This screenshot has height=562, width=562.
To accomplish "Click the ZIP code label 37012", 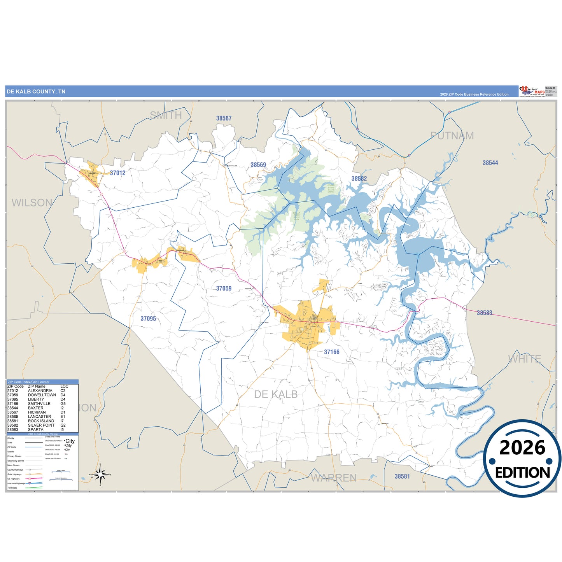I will point(117,173).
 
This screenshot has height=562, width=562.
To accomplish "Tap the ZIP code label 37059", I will point(224,289).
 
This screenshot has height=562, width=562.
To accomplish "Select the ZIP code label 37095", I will point(148,319).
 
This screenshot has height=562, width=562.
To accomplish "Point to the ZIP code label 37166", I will point(332,352).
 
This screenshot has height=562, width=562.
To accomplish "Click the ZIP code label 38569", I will point(258,165).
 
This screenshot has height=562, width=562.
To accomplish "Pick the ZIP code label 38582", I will point(359,179).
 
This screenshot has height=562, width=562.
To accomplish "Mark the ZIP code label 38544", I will point(490,163).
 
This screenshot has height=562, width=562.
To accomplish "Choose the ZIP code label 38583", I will point(484,313).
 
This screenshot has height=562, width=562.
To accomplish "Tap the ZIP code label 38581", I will point(402,476).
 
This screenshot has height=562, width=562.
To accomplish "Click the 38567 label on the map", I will point(224,118).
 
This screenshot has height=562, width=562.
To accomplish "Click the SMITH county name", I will point(166,115).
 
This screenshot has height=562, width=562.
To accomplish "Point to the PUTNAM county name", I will point(452,136).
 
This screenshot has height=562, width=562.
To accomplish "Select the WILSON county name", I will point(32,203).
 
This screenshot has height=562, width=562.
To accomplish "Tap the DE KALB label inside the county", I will point(276,394).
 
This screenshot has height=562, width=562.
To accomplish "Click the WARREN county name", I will point(334,478).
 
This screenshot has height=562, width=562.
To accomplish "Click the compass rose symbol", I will point(100,474).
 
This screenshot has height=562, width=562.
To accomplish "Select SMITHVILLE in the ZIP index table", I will point(39,404).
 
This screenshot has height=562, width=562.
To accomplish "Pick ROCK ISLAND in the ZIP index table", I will point(41,421).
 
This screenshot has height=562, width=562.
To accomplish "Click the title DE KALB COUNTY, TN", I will point(36,92).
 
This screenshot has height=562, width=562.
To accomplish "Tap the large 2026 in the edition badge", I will point(522,448).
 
